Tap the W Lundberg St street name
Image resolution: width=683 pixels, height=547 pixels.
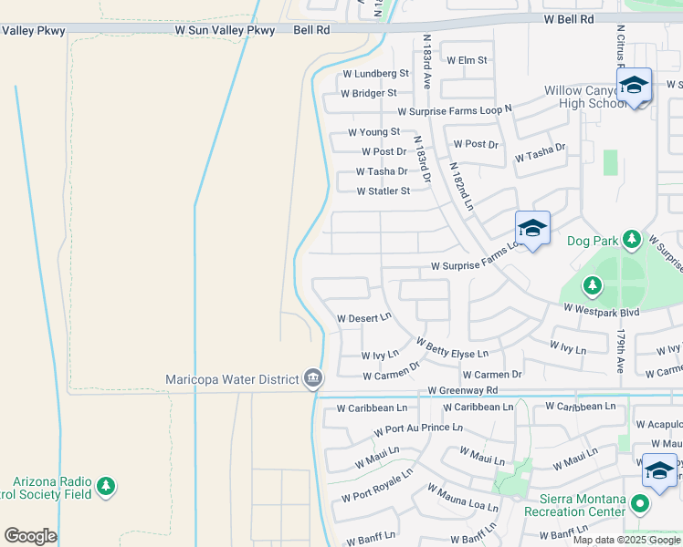pos(375,73)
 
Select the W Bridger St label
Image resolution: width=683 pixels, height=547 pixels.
pos(369,93)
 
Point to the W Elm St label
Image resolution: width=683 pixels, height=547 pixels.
pos(467,60)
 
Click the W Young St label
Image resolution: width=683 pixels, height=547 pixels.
pos(367,132)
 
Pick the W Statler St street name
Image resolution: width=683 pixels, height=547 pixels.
pos(384,191)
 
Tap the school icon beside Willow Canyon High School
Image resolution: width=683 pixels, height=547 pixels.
pos(634,87)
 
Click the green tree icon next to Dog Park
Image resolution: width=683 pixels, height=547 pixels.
pos(631,241)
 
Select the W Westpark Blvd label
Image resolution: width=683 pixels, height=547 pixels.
pos(601,311)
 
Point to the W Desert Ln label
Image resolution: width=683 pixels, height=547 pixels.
pos(364,318)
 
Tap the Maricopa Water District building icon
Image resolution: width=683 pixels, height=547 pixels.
pos(313,377)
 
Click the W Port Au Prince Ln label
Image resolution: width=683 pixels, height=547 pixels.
pos(418,428)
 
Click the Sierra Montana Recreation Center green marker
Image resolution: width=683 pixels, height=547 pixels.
pos(640,502)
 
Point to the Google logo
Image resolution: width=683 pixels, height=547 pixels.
pos(30,536)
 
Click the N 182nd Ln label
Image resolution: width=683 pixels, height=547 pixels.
pos(463,186)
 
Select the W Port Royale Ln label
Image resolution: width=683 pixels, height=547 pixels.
pos(377,486)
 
